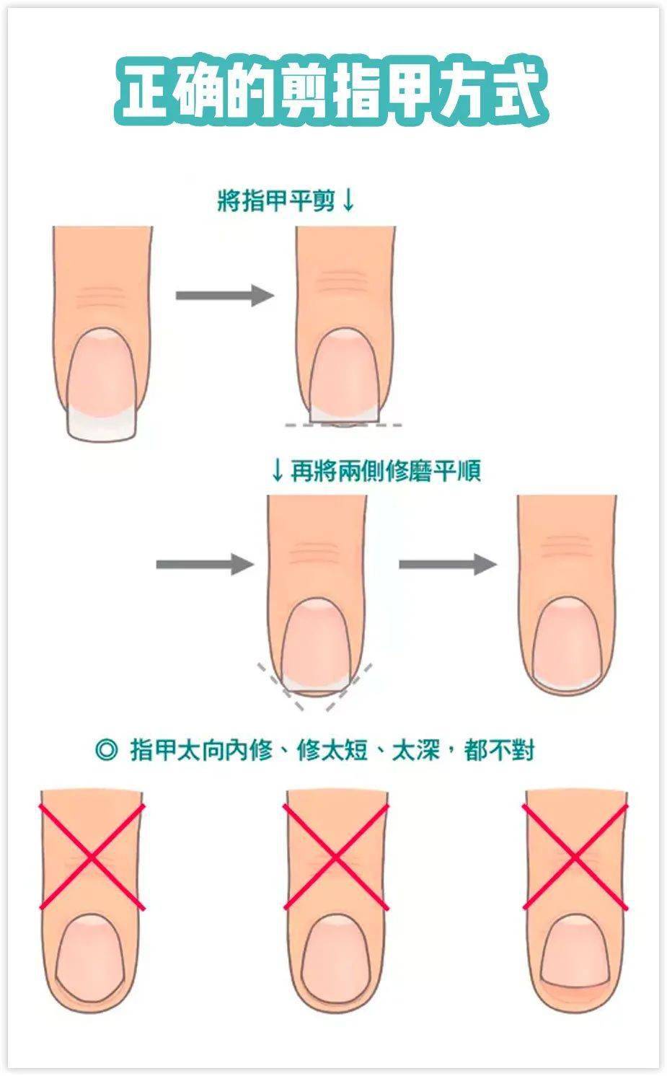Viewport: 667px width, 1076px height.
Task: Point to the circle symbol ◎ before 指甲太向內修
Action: (x=106, y=749)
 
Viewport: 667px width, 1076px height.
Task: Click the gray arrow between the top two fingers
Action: (x=225, y=295)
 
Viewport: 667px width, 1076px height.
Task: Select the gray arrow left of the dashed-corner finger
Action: (x=205, y=563)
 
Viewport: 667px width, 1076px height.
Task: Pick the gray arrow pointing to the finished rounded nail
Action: (x=448, y=563)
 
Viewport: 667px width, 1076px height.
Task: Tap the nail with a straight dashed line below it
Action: (x=345, y=375)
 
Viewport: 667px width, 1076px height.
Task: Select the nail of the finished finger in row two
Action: (x=567, y=642)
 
